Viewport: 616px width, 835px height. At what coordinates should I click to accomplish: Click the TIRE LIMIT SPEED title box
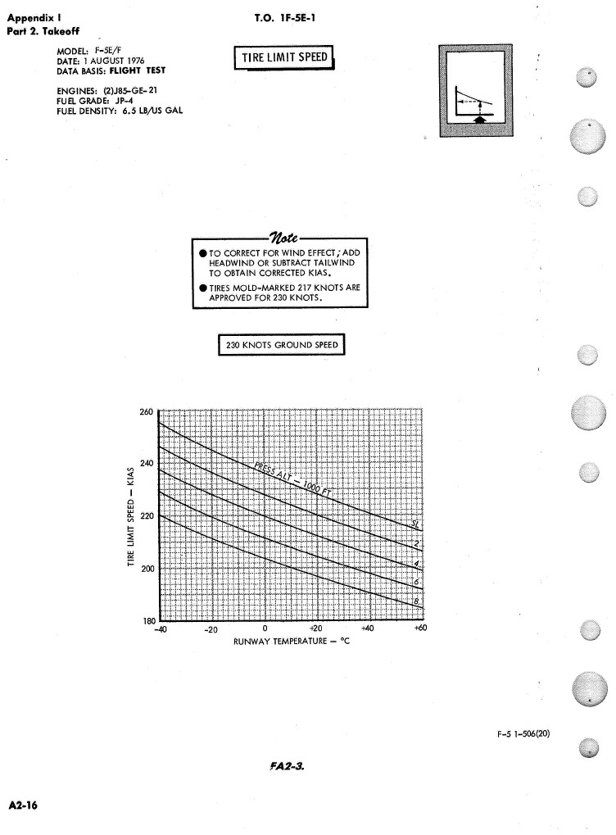pyautogui.click(x=283, y=57)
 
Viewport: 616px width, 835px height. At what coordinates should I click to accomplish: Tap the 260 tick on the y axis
pyautogui.click(x=149, y=411)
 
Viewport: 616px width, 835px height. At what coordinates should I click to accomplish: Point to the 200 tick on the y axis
pyautogui.click(x=149, y=569)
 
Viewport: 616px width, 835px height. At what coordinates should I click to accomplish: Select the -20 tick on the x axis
pyautogui.click(x=211, y=630)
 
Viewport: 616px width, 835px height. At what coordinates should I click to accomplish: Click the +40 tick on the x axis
pyautogui.click(x=367, y=629)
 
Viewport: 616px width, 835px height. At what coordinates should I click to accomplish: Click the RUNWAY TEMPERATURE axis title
pyautogui.click(x=292, y=642)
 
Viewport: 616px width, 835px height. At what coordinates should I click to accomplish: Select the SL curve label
pyautogui.click(x=414, y=524)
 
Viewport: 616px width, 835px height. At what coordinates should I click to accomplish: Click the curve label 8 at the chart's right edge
pyautogui.click(x=416, y=603)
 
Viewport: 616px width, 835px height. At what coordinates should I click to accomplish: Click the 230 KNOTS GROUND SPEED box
pyautogui.click(x=282, y=345)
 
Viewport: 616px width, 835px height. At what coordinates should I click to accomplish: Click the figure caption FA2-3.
pyautogui.click(x=281, y=767)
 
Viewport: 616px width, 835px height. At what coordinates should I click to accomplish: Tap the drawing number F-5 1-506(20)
pyautogui.click(x=523, y=734)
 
